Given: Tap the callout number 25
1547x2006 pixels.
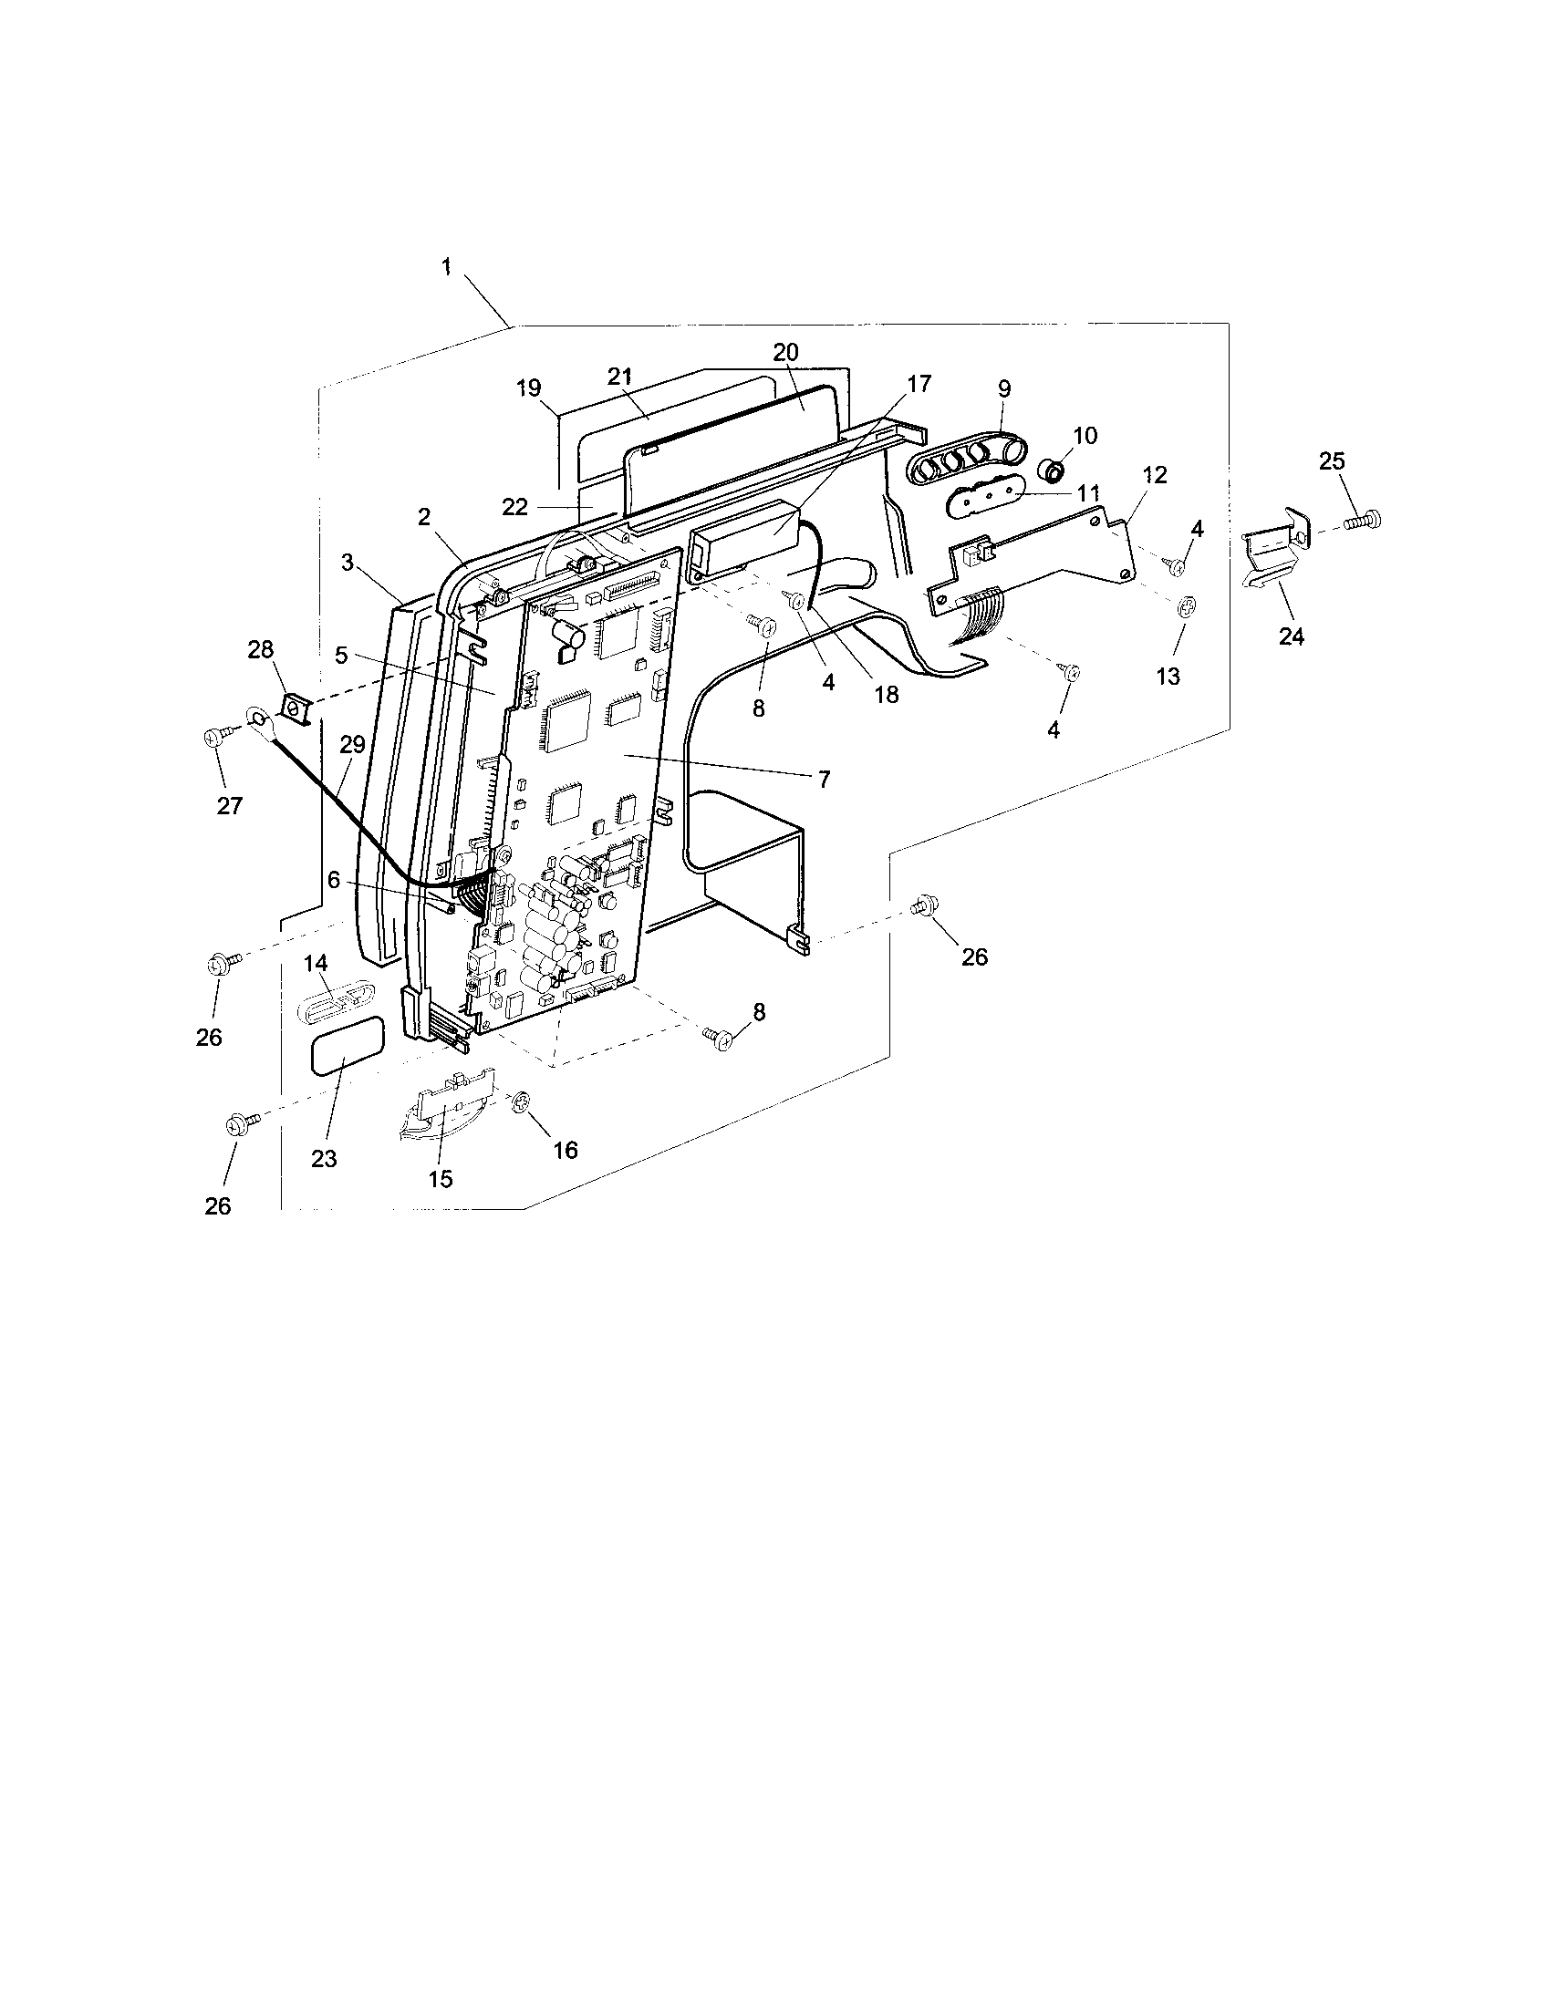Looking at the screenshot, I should coord(1332,461).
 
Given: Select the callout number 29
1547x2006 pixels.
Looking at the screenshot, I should coord(352,744).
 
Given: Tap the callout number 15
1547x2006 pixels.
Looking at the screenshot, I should coord(441,1178).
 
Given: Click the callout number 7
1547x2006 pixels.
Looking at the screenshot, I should coord(823,779).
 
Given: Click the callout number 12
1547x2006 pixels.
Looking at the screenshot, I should coord(1155,475).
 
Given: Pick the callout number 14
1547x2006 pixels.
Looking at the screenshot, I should coord(316,963).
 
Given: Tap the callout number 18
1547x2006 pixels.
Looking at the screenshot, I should coord(887,695).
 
